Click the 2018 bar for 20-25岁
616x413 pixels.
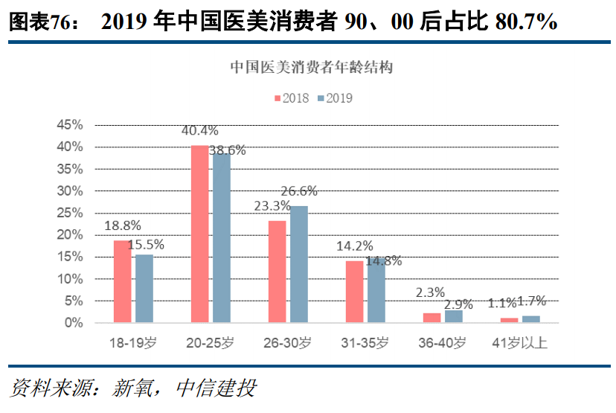(x=200, y=234)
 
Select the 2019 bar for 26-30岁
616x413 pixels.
(x=298, y=264)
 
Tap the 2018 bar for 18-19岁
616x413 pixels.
(x=122, y=281)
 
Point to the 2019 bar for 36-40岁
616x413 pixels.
(x=453, y=316)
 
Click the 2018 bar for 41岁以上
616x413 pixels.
(x=509, y=320)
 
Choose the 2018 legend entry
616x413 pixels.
(x=292, y=97)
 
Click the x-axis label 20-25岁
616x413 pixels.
(x=210, y=343)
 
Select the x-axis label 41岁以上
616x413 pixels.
(x=520, y=343)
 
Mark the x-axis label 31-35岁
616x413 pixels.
(x=365, y=343)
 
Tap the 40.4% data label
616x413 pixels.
(x=199, y=132)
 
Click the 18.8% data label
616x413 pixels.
(x=122, y=226)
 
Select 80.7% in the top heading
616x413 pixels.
(x=525, y=22)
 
